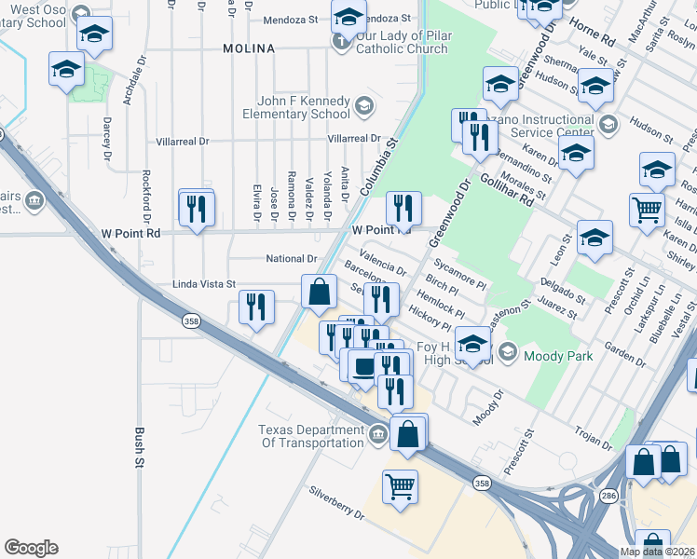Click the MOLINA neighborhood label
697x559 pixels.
(249, 48)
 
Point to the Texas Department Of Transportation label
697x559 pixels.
(310, 436)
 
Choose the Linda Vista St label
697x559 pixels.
(204, 283)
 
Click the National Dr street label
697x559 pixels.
(292, 259)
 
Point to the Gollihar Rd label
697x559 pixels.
(508, 186)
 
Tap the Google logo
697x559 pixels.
(31, 548)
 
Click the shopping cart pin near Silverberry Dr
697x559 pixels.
(400, 485)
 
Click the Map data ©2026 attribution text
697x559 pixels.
(656, 552)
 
